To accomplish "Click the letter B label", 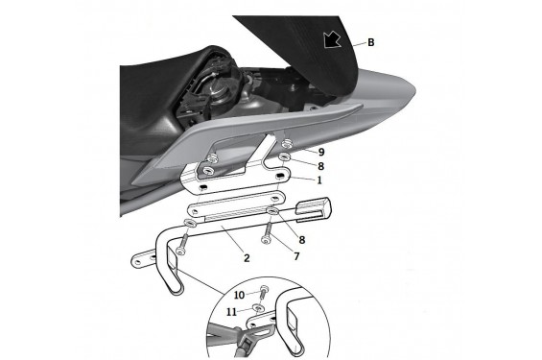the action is [x=371, y=42].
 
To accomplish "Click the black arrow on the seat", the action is [x=332, y=39].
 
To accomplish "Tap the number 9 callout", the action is [x=321, y=152].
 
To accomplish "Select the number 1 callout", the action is [x=319, y=180].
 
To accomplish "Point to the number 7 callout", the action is [x=296, y=256].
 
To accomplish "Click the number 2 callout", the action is [x=247, y=258].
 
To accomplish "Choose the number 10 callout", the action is [x=239, y=295].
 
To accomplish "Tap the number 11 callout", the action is [x=231, y=312].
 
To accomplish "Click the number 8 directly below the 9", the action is [x=320, y=166].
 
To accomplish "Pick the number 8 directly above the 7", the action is [x=302, y=240].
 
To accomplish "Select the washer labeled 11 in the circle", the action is [x=258, y=307].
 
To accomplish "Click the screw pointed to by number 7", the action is [x=268, y=233].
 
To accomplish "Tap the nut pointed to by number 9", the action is [x=287, y=143].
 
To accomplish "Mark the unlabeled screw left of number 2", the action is [x=181, y=245].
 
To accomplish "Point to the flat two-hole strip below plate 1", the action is [x=236, y=204].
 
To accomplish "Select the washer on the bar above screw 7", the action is [x=272, y=210].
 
